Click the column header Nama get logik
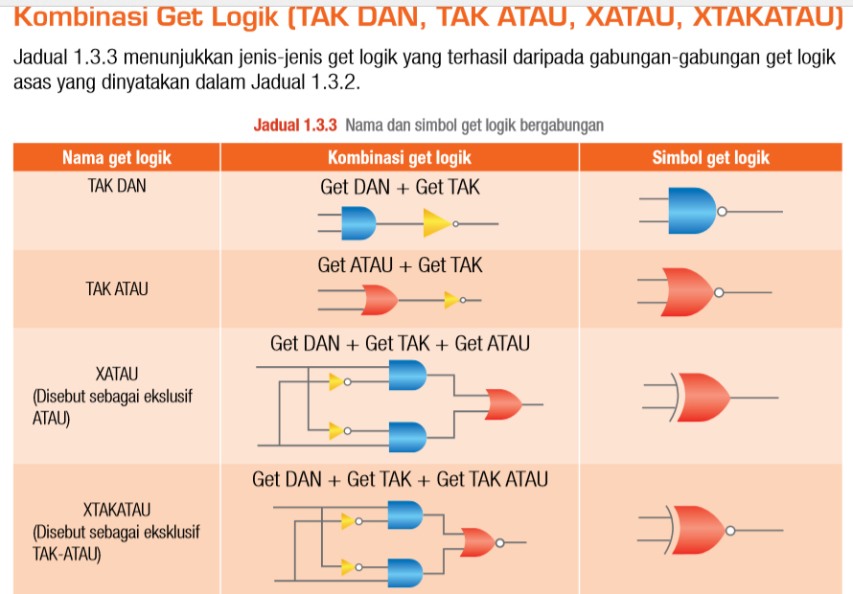pos(116,158)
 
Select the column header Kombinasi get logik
pos(399,158)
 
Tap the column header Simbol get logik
pos(710,158)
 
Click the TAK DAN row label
pos(117,186)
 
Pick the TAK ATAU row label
pos(117,288)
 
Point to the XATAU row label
pos(117,373)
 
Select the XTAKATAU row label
pos(117,509)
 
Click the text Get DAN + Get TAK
pos(400,188)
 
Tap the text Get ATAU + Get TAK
pos(400,265)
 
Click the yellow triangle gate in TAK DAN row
pos(436,223)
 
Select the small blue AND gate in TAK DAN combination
pos(358,224)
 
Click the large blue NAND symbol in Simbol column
pos(691,211)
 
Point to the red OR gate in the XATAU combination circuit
pos(503,404)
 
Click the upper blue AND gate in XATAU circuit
pos(407,376)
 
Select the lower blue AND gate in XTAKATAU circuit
pos(403,573)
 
